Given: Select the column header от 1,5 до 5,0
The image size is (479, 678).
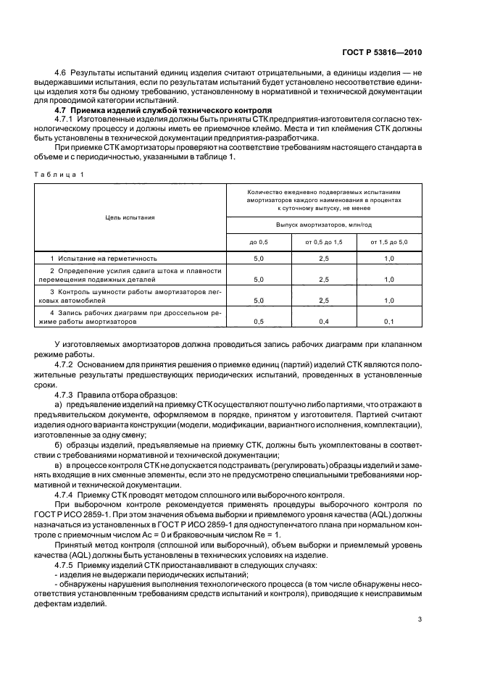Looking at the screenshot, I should tap(388, 241).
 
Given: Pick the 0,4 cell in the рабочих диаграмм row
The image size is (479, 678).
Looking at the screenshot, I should tap(323, 320).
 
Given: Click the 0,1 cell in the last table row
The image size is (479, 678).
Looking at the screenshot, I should tap(388, 320).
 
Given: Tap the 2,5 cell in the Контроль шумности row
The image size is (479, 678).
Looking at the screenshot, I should tap(323, 299).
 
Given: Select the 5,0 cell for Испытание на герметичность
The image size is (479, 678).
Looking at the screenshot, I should tap(259, 258).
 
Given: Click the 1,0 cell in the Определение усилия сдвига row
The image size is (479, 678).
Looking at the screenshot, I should tap(388, 279).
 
